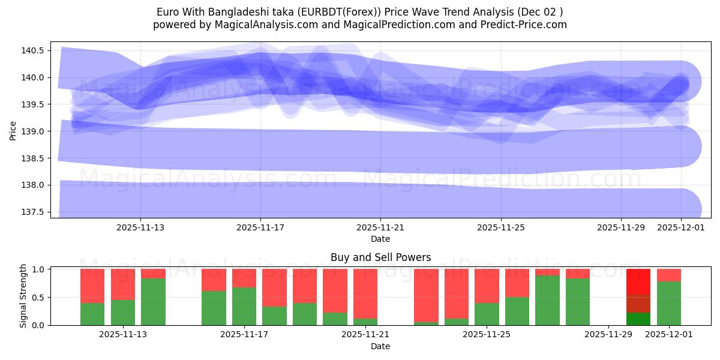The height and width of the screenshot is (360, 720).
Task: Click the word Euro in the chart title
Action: coord(168,12)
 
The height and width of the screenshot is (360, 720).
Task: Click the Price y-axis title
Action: coord(13,130)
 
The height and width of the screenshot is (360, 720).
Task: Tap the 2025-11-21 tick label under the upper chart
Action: coord(380,227)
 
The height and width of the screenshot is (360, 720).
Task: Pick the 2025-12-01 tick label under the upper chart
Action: coord(680,227)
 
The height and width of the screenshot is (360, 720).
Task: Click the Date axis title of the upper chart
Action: coord(380,239)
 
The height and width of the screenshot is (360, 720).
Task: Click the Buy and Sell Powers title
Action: coord(380,257)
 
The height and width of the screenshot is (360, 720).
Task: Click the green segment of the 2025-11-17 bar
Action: coord(244,306)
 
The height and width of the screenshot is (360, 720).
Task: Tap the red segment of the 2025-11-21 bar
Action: coord(365,285)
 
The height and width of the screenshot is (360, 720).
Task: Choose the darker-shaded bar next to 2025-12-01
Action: coord(638,297)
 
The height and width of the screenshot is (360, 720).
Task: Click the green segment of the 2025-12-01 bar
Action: coord(668,303)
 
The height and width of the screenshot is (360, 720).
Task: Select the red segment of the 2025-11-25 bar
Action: coord(487,286)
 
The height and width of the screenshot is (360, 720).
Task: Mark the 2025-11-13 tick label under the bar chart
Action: coord(123,335)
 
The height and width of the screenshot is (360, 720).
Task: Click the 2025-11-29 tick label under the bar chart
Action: coord(608,335)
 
